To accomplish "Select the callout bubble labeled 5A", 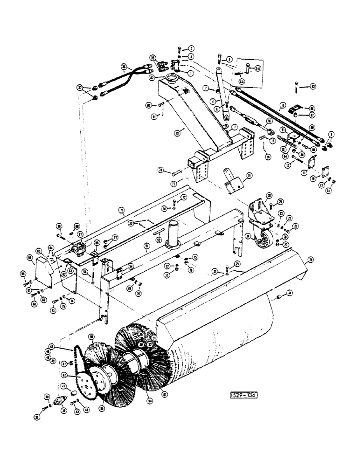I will tap(258, 69).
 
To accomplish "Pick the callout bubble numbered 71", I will tap(122, 211).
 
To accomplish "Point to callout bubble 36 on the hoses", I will tap(124, 67).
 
